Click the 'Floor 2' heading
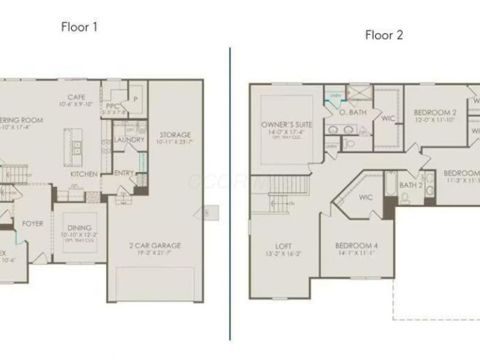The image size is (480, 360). tap(384, 35)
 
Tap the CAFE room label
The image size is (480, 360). tap(75, 98)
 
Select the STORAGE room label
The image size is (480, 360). tap(175, 135)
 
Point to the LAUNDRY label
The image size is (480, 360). tap(129, 140)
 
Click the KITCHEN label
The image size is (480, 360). tap(84, 174)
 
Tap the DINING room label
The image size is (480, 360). tap(79, 228)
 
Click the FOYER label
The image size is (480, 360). tap(32, 224)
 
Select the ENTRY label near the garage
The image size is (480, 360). tap(124, 173)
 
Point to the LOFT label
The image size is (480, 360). tap(283, 245)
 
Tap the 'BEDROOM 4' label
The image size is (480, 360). tap(356, 246)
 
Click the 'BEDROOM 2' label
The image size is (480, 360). tap(435, 112)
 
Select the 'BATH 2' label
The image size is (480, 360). tap(411, 185)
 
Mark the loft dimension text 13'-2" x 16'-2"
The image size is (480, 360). tap(283, 254)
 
